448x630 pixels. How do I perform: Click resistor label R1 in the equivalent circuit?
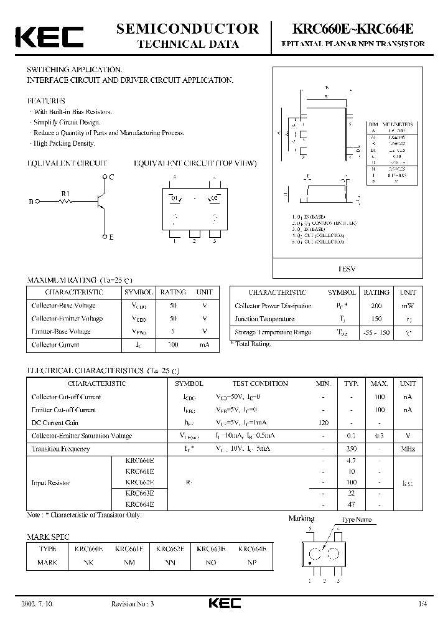click(65, 194)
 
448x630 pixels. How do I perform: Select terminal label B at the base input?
click(30, 202)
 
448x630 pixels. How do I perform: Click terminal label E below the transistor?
click(111, 237)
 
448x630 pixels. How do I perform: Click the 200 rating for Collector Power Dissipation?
click(376, 306)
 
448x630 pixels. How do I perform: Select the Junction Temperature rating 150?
click(376, 319)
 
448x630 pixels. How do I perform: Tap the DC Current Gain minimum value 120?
click(323, 423)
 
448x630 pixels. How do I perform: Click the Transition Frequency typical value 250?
click(352, 449)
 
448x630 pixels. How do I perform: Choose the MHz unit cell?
click(408, 449)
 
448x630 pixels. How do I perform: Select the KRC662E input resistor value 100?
click(352, 482)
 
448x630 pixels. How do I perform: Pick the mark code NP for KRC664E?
click(252, 562)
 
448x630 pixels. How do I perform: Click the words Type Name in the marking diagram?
click(356, 519)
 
